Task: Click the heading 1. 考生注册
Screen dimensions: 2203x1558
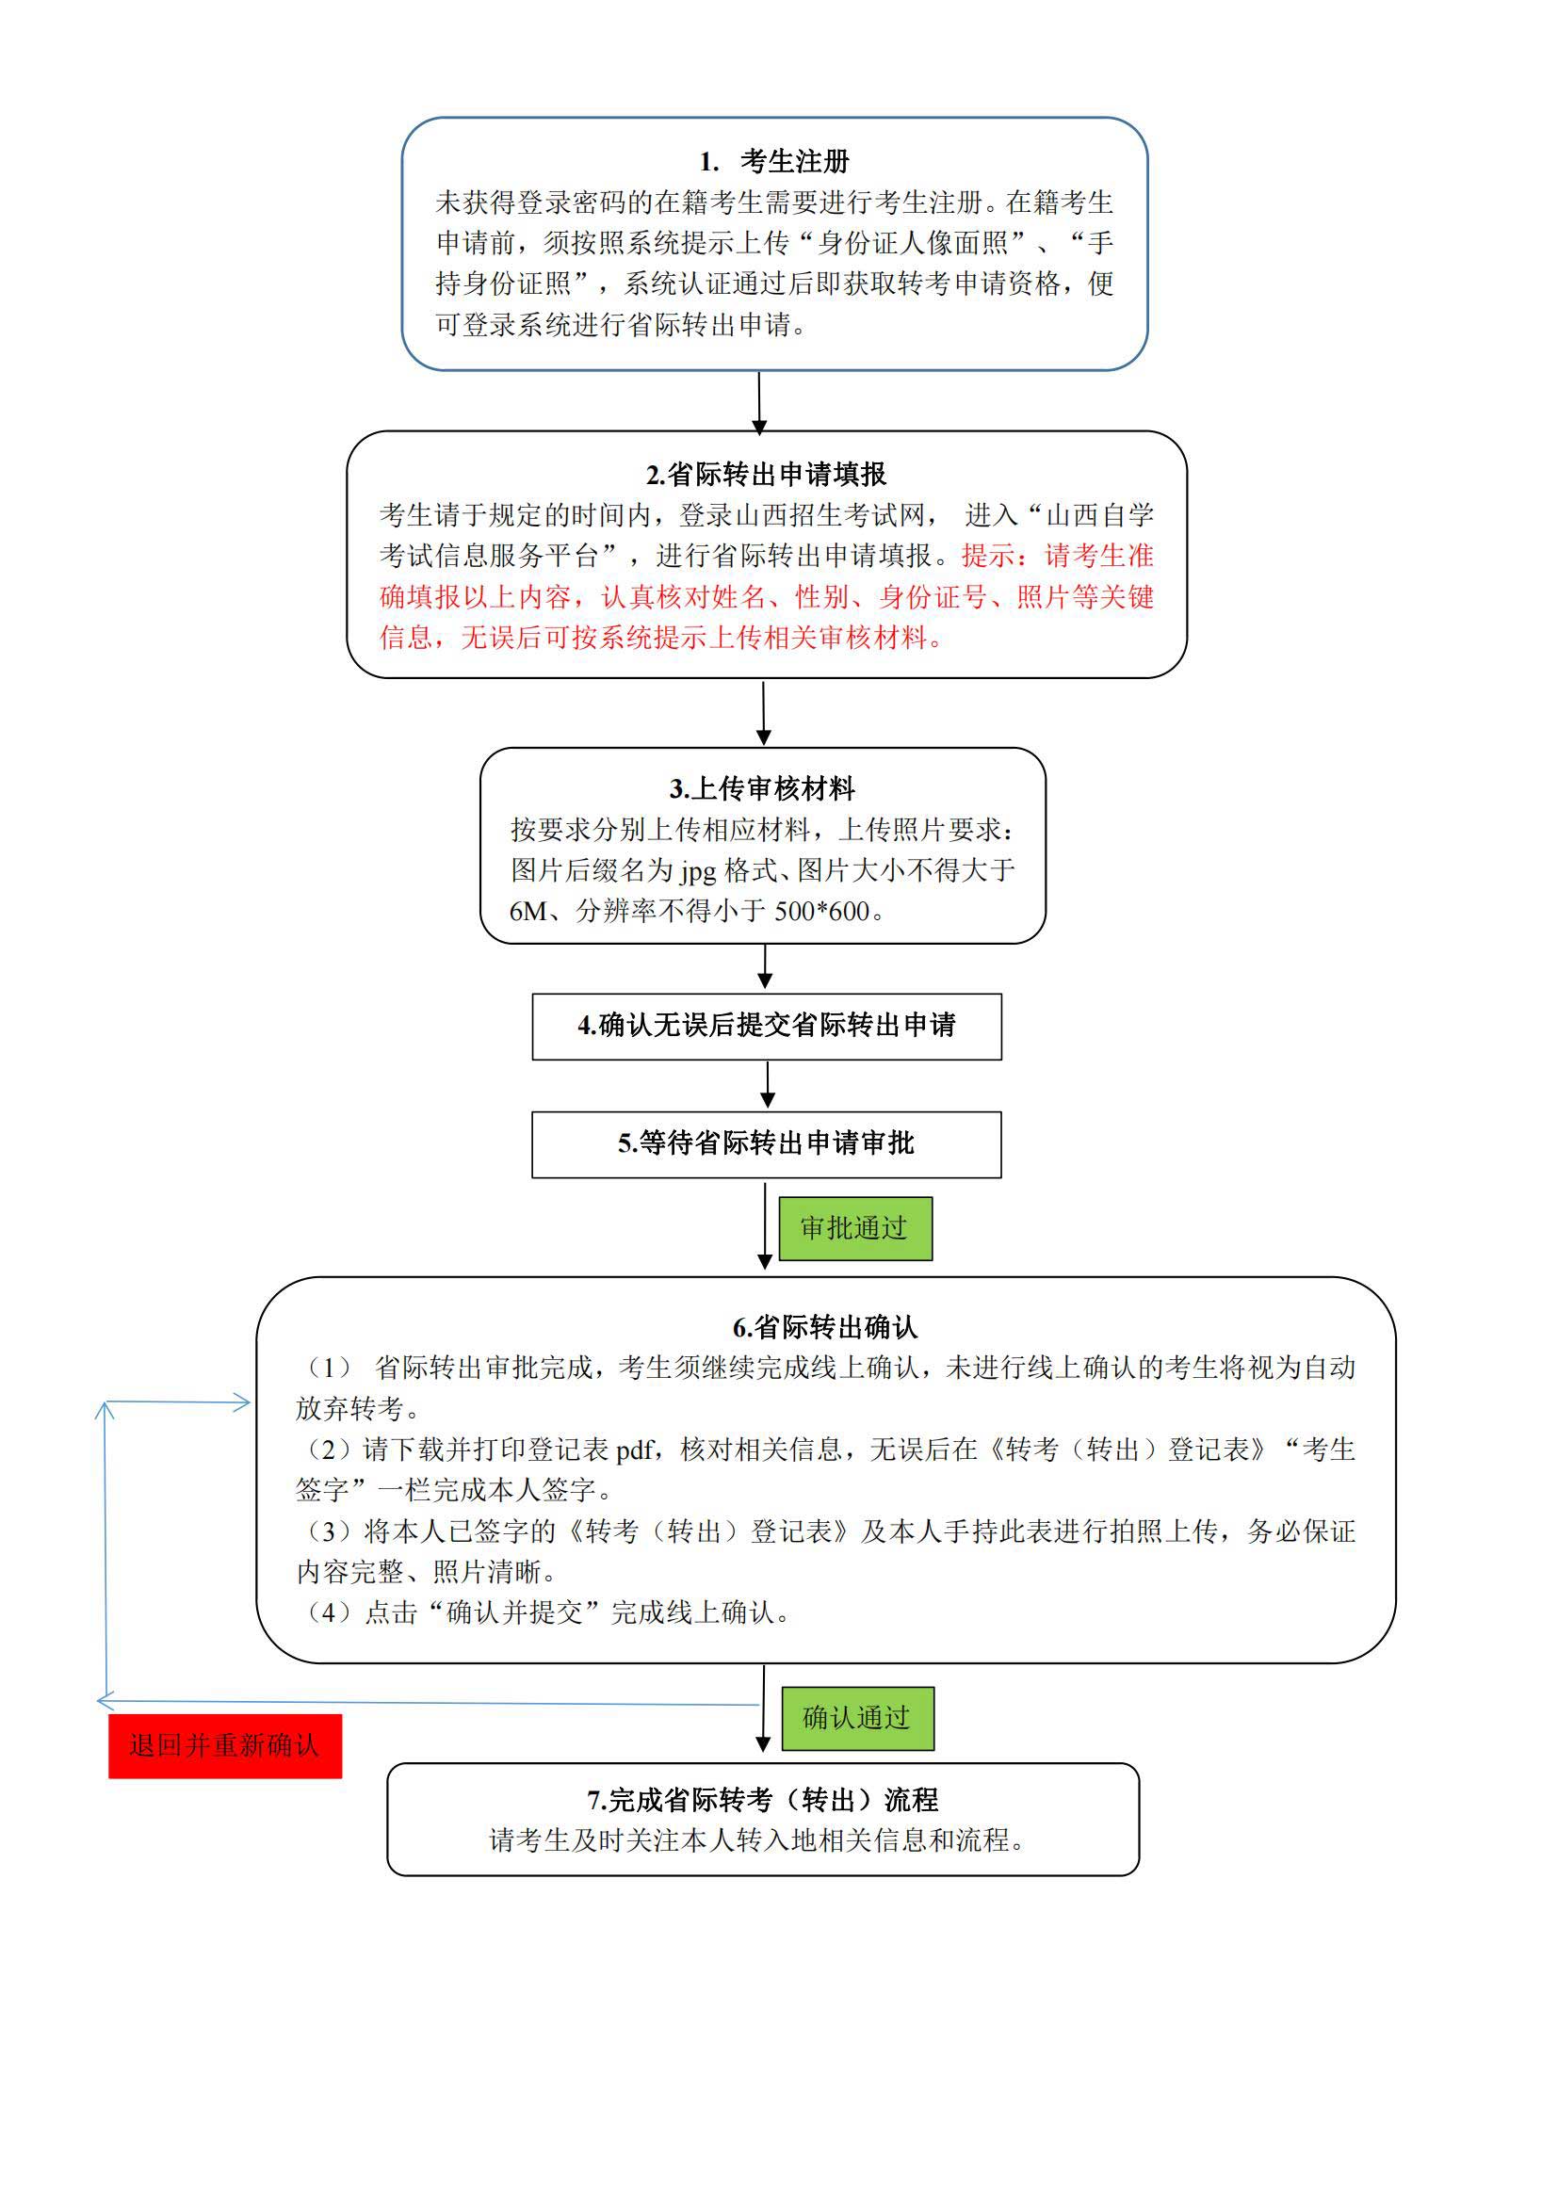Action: coord(774,161)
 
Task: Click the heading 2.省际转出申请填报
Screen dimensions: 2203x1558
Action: coord(766,474)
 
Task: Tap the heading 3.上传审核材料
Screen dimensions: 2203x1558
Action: coord(762,788)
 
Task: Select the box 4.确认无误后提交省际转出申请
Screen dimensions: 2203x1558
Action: coord(766,1026)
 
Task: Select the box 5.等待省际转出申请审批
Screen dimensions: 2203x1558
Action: coord(766,1143)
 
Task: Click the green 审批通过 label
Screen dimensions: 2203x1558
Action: coord(853,1228)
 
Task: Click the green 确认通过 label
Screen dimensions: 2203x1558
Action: coord(856,1718)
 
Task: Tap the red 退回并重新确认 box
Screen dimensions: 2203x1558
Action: coord(224,1745)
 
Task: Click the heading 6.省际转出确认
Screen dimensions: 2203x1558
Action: coord(825,1328)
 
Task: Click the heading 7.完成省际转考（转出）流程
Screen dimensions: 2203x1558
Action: coord(763,1800)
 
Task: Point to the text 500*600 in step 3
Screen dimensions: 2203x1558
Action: coord(821,912)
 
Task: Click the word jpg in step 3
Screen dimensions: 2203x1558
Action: coord(698,871)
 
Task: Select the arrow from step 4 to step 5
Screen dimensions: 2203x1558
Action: coord(767,1085)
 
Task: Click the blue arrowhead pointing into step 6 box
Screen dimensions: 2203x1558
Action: coord(240,1402)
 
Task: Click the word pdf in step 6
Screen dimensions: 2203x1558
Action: coord(635,1450)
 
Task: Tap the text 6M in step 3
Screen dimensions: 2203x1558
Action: coord(527,912)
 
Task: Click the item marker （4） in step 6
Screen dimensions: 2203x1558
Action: coord(328,1612)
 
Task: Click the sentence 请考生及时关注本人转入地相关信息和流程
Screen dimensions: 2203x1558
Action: coord(758,1840)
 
